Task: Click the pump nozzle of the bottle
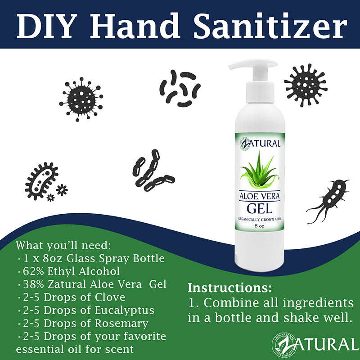tap(243, 66)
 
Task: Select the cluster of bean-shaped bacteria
tap(180, 88)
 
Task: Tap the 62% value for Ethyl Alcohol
tap(33, 271)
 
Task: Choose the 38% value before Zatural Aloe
tap(33, 284)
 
